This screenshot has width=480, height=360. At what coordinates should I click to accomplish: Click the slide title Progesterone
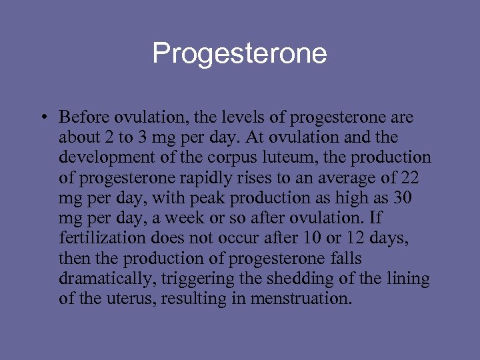tap(239, 53)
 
